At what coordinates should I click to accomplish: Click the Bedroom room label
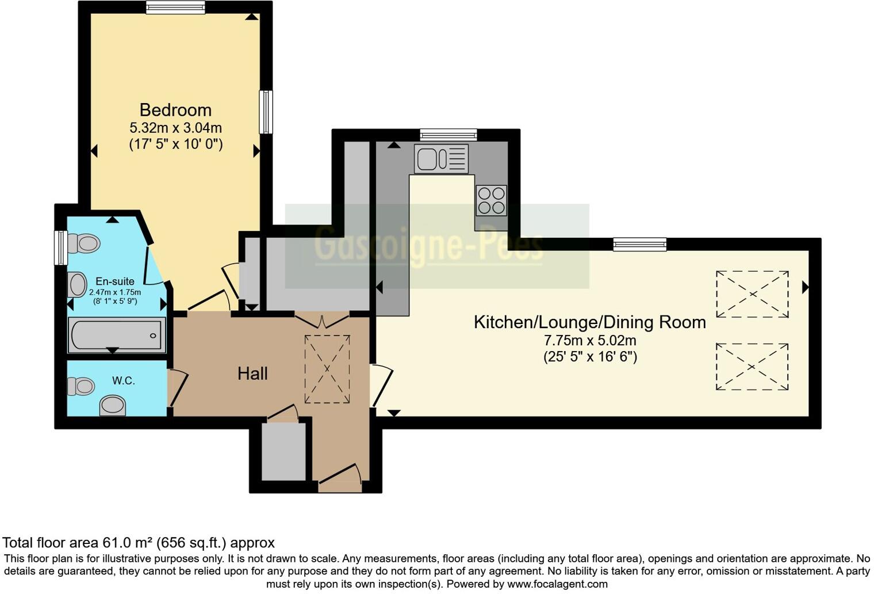point(175,110)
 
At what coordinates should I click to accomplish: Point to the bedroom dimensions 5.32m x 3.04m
point(175,127)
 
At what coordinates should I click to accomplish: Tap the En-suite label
point(115,281)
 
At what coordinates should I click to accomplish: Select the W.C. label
point(124,381)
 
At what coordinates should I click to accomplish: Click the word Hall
point(252,374)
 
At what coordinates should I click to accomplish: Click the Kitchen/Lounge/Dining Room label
point(589,322)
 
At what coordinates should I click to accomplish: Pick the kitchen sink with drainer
point(441,159)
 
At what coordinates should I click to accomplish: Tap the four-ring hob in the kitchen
point(491,200)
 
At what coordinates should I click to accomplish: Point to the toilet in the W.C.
point(80,386)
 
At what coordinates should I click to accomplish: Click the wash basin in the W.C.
point(113,405)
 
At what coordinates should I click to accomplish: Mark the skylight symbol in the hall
point(327,369)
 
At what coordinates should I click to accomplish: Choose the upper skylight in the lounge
point(752,294)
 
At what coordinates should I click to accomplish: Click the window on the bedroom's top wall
point(175,7)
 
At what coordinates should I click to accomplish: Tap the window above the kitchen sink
point(448,135)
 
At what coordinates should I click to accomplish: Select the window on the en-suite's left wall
point(60,248)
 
